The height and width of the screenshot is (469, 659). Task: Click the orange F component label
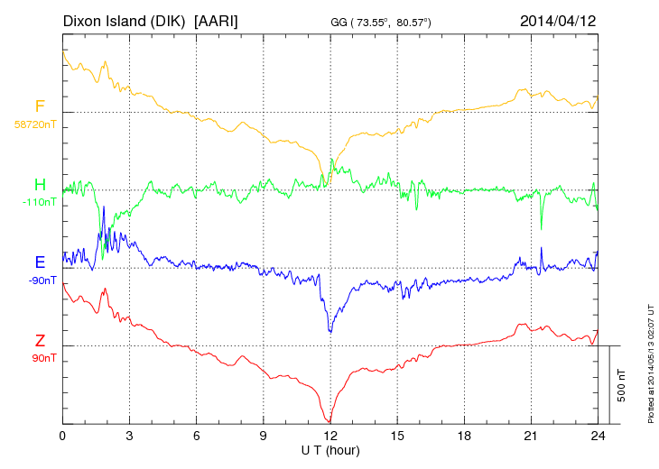(41, 106)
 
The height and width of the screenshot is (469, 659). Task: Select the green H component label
(41, 185)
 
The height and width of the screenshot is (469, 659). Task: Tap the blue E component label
(41, 262)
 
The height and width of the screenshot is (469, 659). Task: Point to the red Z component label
(41, 341)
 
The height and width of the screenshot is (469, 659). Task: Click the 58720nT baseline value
(34, 124)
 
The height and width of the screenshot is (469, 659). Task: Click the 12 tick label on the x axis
(330, 436)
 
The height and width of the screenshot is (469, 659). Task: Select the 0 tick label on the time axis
(62, 436)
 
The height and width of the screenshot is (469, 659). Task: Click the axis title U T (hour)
(330, 448)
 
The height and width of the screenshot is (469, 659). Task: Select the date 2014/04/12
(559, 20)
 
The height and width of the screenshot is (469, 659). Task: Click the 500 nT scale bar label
(622, 384)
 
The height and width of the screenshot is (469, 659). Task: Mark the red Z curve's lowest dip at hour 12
(330, 421)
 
